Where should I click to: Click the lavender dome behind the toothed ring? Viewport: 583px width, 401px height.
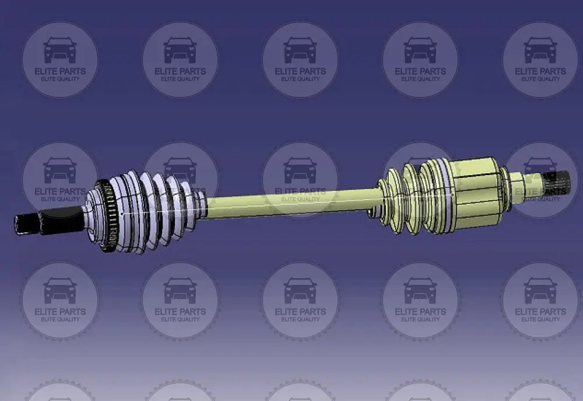click(93, 219)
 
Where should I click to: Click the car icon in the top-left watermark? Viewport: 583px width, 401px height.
click(60, 51)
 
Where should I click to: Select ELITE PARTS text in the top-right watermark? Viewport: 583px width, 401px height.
click(540, 71)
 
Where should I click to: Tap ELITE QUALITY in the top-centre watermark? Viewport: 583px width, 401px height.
click(300, 79)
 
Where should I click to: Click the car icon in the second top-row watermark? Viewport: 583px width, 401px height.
click(180, 51)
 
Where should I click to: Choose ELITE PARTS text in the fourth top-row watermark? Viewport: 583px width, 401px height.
click(420, 71)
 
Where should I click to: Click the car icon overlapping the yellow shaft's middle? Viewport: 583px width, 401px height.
click(300, 171)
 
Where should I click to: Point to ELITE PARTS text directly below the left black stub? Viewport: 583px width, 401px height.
click(60, 312)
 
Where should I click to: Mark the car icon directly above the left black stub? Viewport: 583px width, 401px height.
click(60, 171)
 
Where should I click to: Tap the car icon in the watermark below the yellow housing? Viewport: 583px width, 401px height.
click(420, 291)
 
